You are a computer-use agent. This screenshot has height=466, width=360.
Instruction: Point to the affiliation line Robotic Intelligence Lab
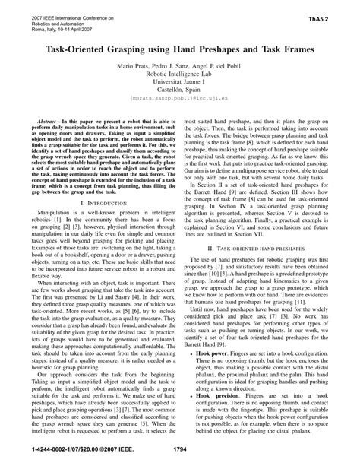179,76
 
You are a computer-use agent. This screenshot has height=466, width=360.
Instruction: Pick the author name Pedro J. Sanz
175,67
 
